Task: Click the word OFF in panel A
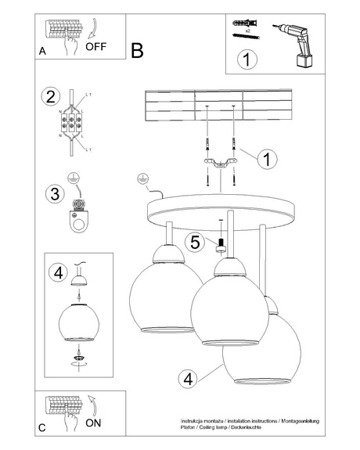[96, 46]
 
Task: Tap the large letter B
[137, 52]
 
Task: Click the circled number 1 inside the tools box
[248, 59]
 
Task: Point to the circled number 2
[51, 97]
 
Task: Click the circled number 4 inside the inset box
[56, 273]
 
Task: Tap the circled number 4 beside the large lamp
[186, 380]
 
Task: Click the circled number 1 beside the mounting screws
[268, 160]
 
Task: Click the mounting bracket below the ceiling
[218, 162]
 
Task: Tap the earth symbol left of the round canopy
[142, 178]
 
